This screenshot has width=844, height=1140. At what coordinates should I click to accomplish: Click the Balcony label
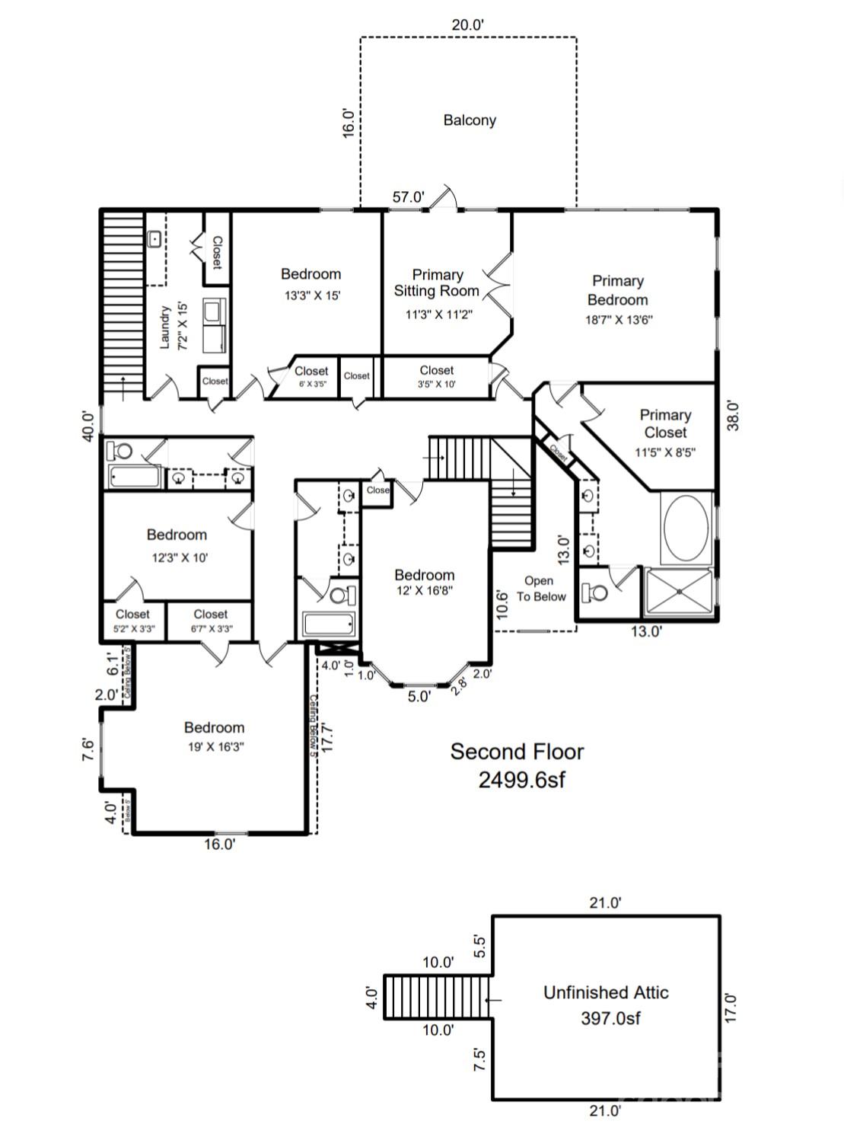tap(470, 120)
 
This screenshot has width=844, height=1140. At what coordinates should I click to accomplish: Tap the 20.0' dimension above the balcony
tap(467, 24)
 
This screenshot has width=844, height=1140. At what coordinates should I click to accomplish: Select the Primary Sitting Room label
tap(437, 283)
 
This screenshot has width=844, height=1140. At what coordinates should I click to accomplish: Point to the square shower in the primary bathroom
tap(679, 592)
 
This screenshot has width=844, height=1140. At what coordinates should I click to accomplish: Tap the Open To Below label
tap(540, 589)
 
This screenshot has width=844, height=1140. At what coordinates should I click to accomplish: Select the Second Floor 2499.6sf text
tap(518, 765)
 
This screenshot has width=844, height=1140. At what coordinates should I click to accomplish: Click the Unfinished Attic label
tap(606, 992)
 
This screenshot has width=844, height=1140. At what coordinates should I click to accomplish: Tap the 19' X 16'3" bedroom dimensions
tap(215, 747)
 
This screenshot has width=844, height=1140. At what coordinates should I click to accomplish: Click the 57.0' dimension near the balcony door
tap(408, 197)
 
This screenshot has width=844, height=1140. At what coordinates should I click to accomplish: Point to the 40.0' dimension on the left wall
tap(89, 426)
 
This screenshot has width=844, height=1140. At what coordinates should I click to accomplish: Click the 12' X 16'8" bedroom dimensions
tap(424, 590)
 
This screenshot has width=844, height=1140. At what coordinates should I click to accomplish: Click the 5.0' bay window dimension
tap(419, 696)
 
